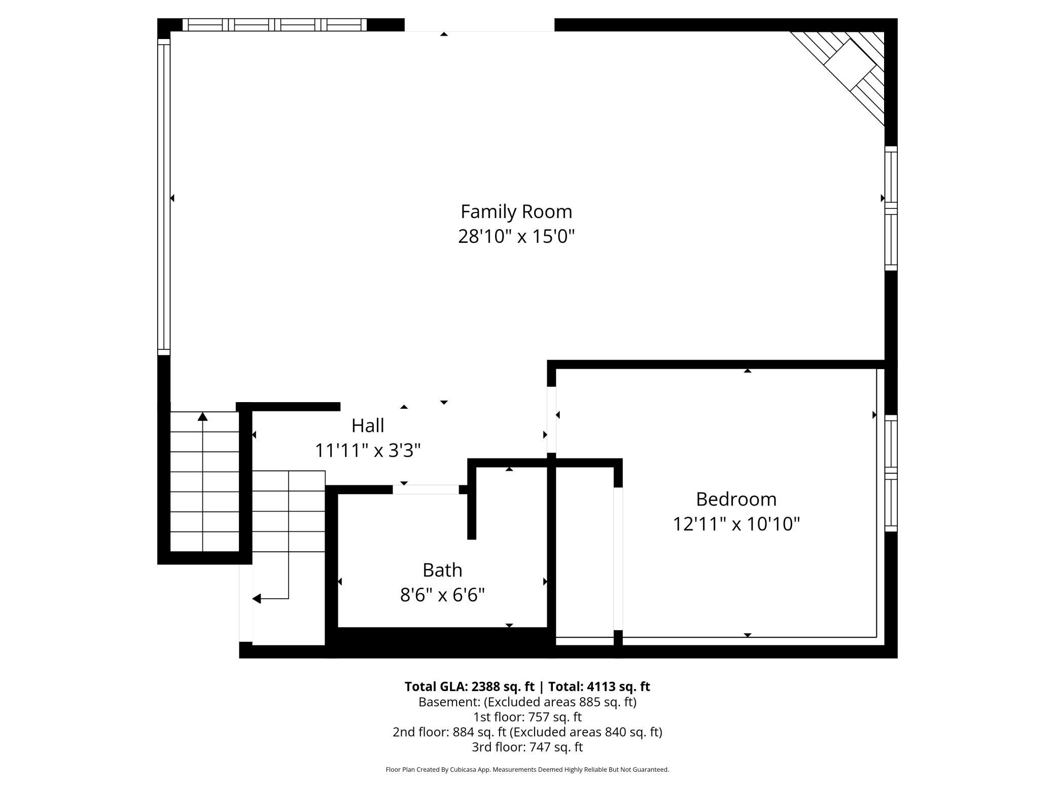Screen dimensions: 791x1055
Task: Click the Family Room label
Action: click(516, 211)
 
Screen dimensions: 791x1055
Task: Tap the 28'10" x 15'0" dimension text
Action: click(516, 236)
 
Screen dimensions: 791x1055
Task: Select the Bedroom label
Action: click(736, 499)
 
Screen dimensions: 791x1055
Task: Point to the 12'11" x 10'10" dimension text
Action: click(736, 524)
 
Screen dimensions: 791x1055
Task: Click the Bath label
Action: click(442, 570)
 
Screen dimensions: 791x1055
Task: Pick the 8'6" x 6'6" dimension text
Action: click(442, 595)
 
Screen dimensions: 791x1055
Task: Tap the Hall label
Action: click(368, 425)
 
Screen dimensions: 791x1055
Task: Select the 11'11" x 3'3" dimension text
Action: click(368, 450)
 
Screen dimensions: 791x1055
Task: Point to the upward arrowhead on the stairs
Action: click(203, 416)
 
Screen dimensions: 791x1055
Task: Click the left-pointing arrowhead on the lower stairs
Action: click(257, 599)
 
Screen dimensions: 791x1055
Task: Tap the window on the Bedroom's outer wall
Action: click(891, 473)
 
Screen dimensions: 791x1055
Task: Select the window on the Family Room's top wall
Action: click(274, 25)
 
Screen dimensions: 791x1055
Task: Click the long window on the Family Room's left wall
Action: click(164, 197)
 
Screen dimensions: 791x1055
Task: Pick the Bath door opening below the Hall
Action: click(426, 489)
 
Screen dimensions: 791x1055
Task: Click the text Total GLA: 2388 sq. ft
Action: click(469, 687)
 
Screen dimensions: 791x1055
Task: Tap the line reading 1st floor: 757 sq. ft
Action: click(527, 717)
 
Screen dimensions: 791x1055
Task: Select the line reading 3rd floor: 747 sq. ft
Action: click(527, 747)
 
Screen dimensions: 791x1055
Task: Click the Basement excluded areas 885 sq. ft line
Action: click(527, 702)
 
